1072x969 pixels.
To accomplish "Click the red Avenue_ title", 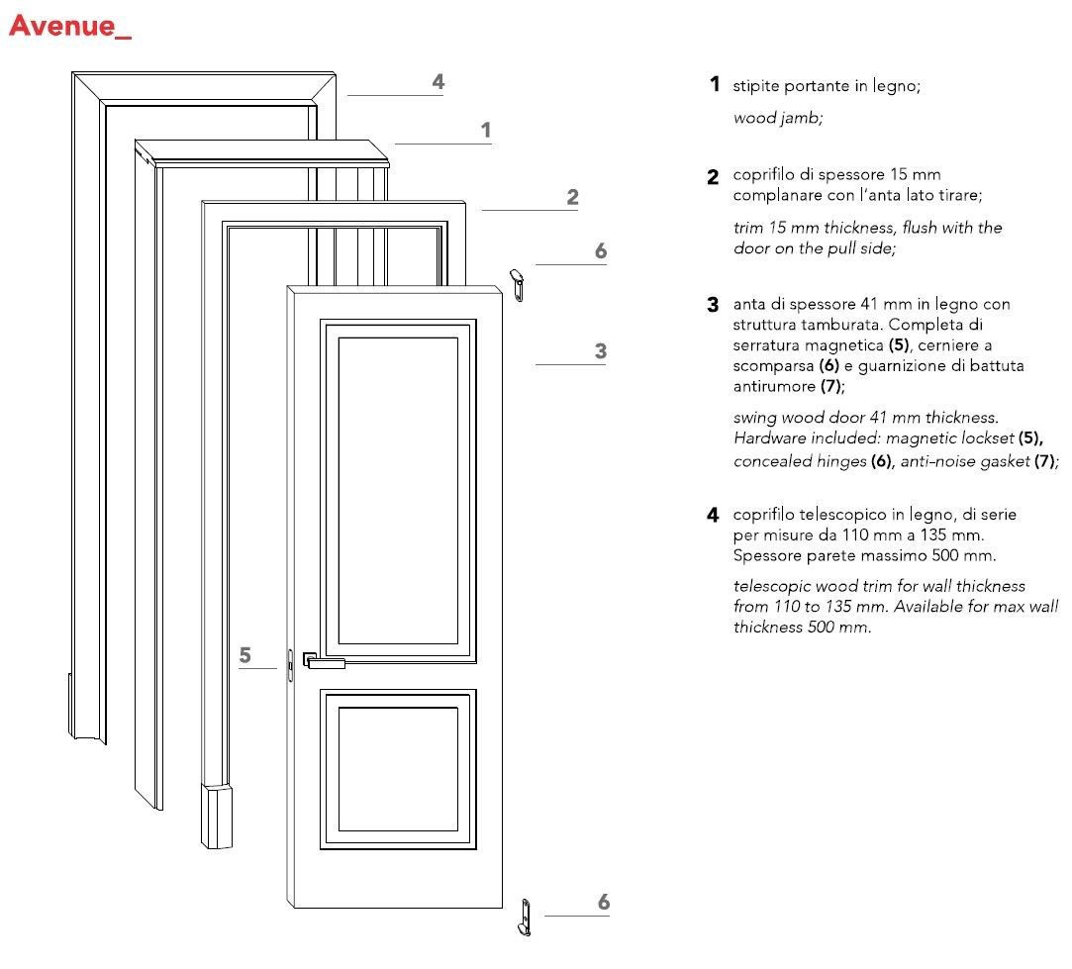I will coord(69,27).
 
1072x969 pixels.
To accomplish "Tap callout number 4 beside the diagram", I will coord(438,82).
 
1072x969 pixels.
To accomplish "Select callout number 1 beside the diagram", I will coord(485,130).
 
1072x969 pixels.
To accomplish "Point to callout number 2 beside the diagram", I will coord(572,197).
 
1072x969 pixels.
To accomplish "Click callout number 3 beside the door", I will coord(600,350).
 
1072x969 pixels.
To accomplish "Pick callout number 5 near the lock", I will coord(245,654).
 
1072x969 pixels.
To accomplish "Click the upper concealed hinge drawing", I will coord(517,280).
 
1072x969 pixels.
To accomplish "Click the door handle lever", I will coord(326,663).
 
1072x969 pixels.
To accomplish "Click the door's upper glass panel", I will coord(398,491).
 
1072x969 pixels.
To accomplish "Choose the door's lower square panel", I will coord(398,769).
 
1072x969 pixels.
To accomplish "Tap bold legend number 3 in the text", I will coord(713,305).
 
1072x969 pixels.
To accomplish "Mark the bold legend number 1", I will coord(714,85).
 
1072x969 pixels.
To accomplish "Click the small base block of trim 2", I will coord(216,817).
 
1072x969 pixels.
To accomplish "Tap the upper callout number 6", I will coord(600,251).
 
